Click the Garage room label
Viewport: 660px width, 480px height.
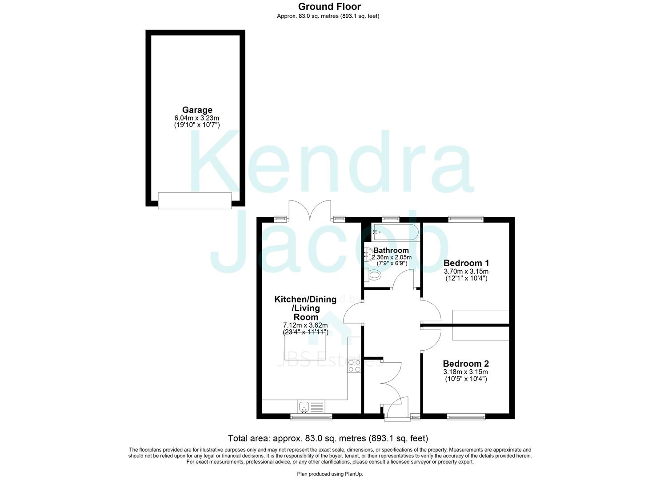click(197, 110)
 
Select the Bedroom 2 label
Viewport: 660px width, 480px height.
click(466, 364)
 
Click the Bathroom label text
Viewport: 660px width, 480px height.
click(391, 250)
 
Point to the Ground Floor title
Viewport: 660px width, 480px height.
click(329, 7)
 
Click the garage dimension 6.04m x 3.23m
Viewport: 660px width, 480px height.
click(197, 118)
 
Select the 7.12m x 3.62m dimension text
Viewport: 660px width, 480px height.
click(305, 325)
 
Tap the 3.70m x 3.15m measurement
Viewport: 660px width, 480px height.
click(466, 271)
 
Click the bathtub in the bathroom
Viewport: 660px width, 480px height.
click(395, 231)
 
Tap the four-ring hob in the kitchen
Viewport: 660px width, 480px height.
click(354, 366)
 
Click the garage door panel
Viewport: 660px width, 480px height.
click(195, 200)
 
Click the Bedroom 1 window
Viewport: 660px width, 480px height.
click(466, 218)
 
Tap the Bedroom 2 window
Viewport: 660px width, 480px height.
click(466, 416)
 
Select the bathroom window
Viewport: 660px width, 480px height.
click(391, 218)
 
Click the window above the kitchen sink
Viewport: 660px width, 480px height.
click(311, 416)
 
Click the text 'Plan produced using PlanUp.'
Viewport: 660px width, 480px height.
click(330, 474)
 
